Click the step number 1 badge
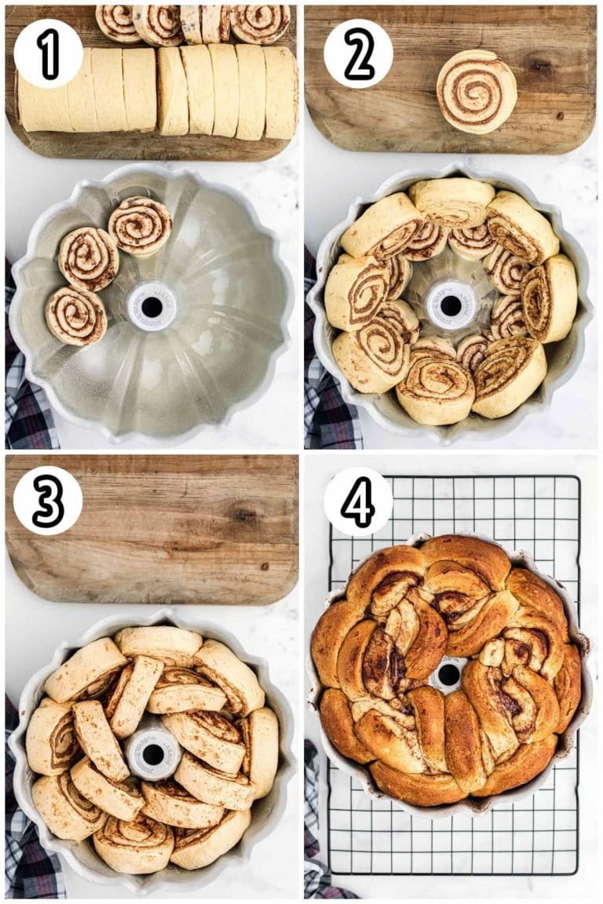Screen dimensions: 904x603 (48, 53)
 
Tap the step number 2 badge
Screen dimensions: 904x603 (358, 53)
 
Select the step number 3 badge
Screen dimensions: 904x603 (48, 500)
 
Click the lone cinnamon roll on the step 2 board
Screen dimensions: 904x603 (477, 91)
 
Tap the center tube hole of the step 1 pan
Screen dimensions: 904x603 (152, 307)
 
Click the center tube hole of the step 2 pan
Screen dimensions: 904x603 (451, 305)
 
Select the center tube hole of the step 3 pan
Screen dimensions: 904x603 (153, 754)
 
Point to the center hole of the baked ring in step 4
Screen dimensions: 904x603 (448, 674)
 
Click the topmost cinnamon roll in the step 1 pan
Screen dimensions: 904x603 (140, 225)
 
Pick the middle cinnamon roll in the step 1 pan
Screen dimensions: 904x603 (89, 258)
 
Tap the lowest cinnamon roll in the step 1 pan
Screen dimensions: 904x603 (75, 315)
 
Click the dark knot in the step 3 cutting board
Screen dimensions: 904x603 (246, 516)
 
